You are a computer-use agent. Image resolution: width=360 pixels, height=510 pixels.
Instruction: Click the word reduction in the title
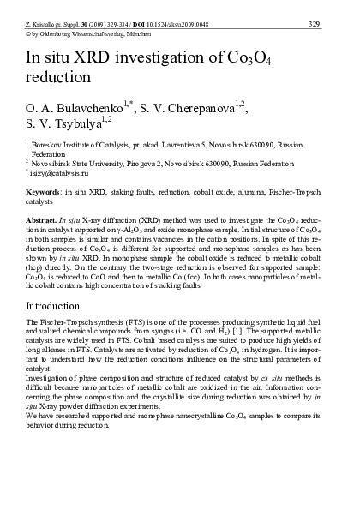[65, 75]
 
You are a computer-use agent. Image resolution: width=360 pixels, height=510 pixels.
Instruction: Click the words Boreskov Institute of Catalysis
[79, 147]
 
